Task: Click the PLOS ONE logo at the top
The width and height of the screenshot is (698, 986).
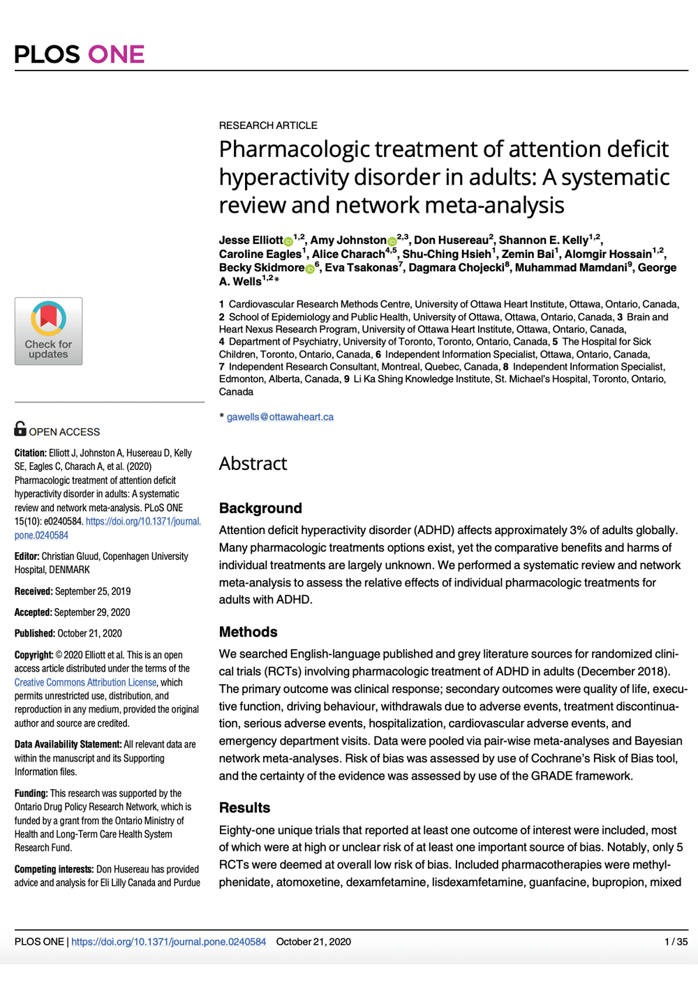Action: (x=79, y=54)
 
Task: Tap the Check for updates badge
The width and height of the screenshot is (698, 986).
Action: (x=48, y=331)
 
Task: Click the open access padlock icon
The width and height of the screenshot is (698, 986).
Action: (x=20, y=428)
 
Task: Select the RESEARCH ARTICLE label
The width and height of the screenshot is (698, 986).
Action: (x=268, y=126)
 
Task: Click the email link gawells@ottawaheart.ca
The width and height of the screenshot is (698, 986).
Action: (x=280, y=417)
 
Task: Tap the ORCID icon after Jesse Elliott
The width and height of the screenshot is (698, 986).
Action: (x=288, y=241)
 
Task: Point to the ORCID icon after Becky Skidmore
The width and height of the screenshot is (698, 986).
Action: (x=310, y=268)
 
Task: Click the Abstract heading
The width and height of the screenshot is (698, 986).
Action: (x=253, y=464)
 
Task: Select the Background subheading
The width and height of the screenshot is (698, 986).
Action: (x=260, y=508)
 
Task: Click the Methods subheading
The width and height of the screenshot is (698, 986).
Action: (x=248, y=632)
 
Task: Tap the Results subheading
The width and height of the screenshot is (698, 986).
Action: (x=244, y=807)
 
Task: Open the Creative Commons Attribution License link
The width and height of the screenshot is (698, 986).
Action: (x=85, y=683)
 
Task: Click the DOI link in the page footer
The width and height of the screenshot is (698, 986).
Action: (x=168, y=941)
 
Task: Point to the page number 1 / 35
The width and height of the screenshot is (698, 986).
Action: (x=676, y=941)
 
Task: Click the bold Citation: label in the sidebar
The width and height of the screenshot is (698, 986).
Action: (x=31, y=453)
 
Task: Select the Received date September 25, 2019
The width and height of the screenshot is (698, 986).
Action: (x=93, y=591)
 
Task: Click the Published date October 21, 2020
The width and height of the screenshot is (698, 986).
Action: (x=89, y=633)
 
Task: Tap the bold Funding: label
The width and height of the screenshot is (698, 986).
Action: (x=31, y=794)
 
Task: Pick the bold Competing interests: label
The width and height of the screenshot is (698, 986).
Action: (x=54, y=869)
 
